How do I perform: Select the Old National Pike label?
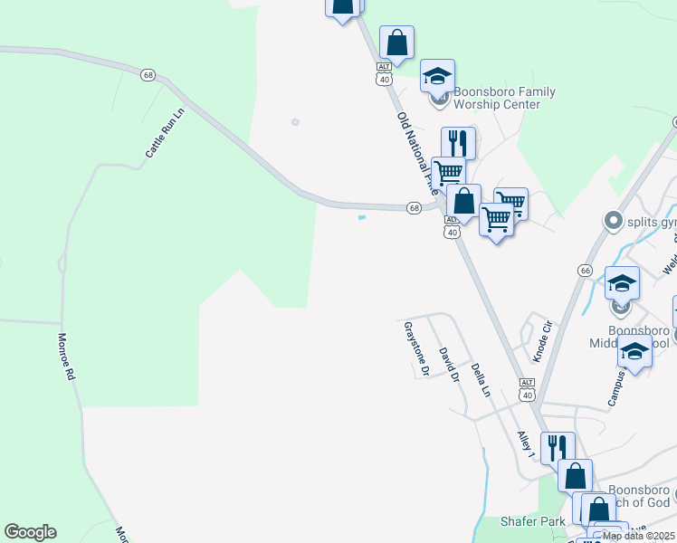click(417, 153)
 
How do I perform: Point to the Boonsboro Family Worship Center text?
click(503, 98)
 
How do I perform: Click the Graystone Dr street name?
click(415, 349)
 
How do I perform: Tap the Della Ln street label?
click(480, 380)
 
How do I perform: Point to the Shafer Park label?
click(533, 521)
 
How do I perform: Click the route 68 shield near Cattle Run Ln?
click(148, 74)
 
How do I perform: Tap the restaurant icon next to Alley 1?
click(556, 446)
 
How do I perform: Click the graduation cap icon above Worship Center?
click(437, 74)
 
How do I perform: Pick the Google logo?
click(30, 532)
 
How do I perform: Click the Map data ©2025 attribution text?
click(638, 536)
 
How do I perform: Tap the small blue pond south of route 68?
click(362, 217)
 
